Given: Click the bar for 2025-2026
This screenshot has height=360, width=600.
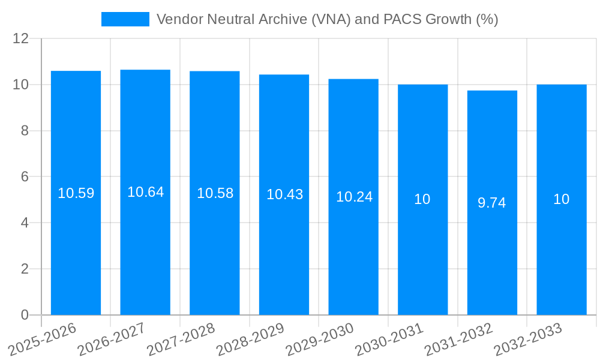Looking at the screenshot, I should point(76,252).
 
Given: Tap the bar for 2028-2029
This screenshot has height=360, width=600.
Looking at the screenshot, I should point(284,252).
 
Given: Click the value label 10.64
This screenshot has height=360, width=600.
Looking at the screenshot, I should point(145,192).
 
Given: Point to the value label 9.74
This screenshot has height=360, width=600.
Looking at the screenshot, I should point(492,203).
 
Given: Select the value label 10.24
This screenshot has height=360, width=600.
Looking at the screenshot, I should point(354,197).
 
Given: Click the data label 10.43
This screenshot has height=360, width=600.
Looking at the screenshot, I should point(284,194).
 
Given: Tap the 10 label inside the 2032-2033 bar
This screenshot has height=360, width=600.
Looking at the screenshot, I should point(561,199).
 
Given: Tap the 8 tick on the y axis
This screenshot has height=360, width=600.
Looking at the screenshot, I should point(25,131).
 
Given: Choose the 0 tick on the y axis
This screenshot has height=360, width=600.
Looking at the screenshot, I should point(25,315).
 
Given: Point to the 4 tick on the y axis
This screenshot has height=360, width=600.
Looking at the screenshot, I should point(25,223).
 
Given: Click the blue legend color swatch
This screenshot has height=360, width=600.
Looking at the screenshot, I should point(125,19).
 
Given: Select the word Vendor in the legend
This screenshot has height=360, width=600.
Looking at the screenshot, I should point(178,19).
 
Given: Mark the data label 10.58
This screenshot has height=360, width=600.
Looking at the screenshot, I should point(215,193).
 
